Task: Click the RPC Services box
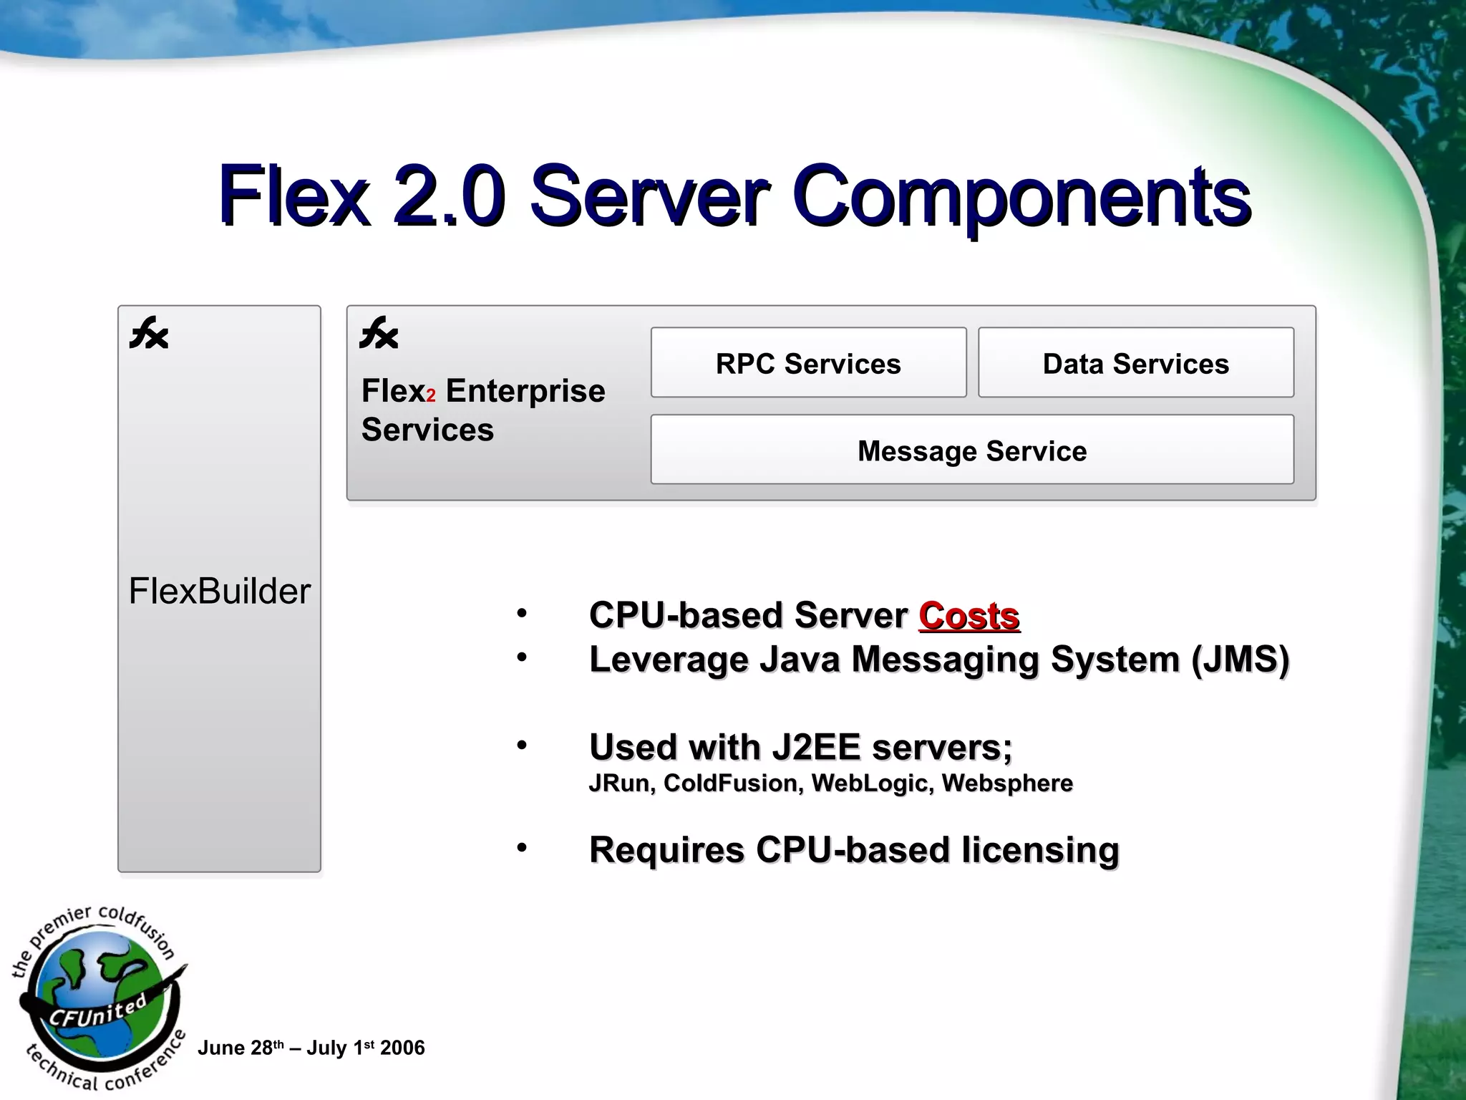[808, 363]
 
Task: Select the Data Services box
[1135, 363]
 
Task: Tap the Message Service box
[971, 450]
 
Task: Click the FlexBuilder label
[219, 592]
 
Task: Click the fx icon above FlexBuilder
[149, 334]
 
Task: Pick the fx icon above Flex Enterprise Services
[379, 334]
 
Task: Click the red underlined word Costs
[969, 616]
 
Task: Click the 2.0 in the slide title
[450, 196]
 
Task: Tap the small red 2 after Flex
[431, 396]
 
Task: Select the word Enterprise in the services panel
[525, 391]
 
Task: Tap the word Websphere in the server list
[1007, 783]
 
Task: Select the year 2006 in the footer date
[402, 1048]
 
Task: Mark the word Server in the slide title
[649, 196]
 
